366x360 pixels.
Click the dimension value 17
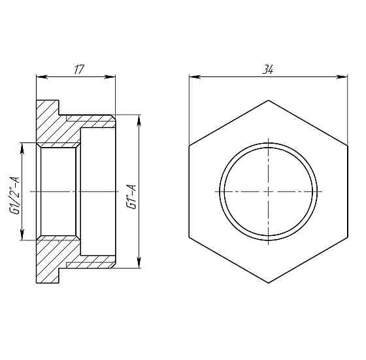[x=78, y=68]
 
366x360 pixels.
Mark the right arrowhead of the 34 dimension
[x=344, y=78]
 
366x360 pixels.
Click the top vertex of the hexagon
[x=269, y=100]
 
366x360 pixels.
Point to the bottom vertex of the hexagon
[x=269, y=283]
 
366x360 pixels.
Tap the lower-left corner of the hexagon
[x=189, y=237]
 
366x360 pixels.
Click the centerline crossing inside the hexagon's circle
[x=269, y=191]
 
